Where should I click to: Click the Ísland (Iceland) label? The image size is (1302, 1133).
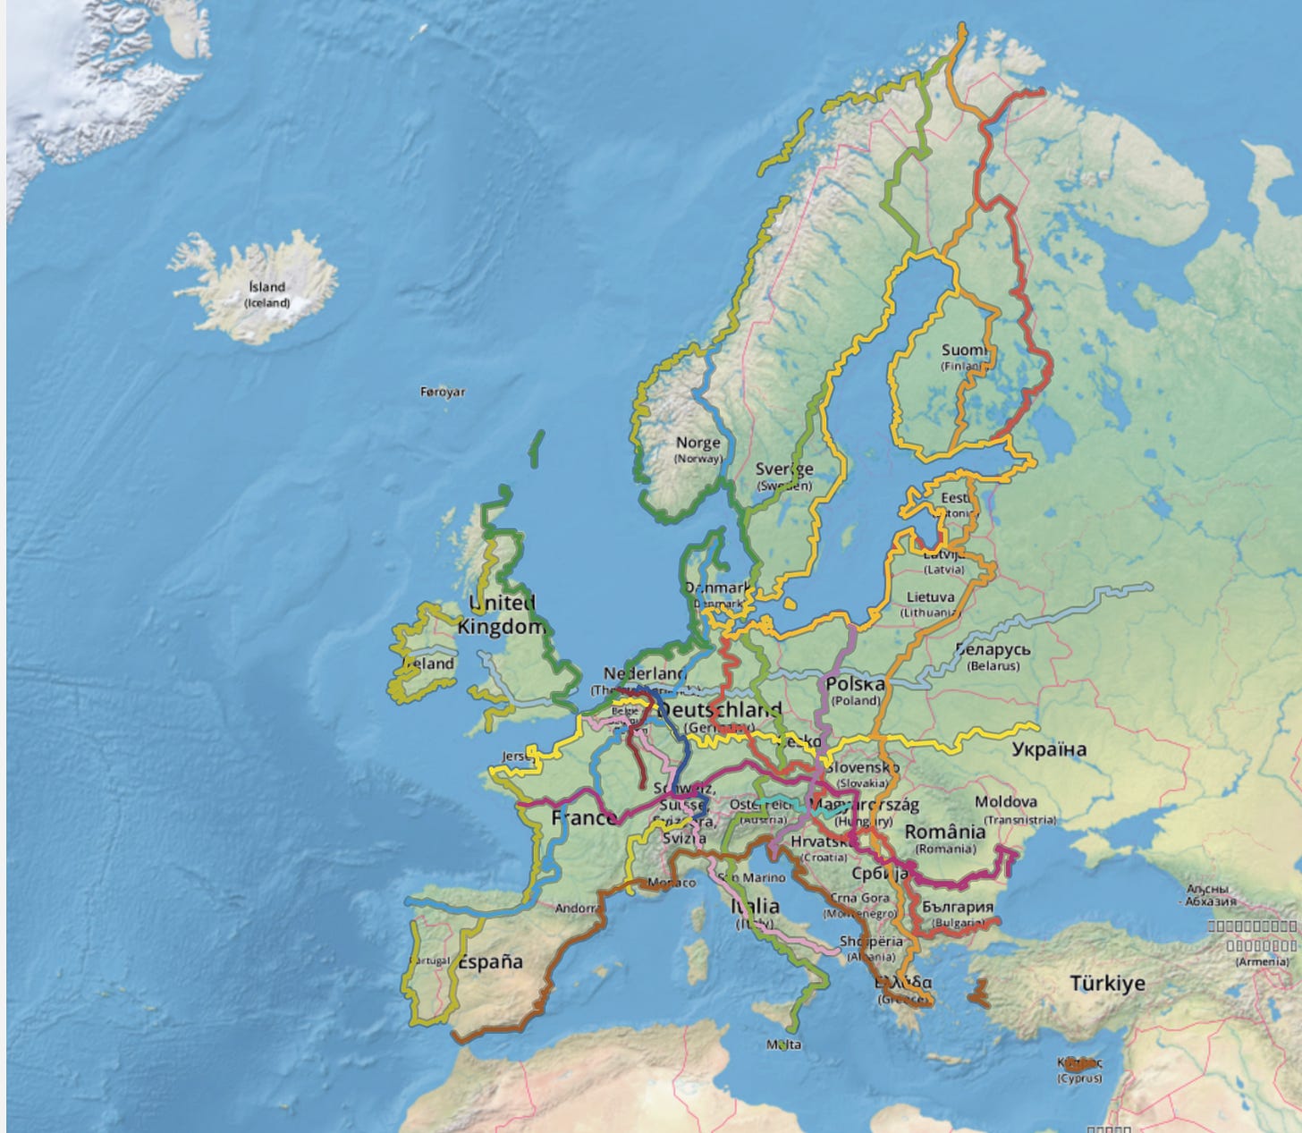[267, 293]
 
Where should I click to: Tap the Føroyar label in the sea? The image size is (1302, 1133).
[443, 392]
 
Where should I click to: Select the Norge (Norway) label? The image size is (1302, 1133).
[697, 449]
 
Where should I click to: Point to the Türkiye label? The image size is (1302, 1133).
[1108, 984]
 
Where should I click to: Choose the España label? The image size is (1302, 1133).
[491, 962]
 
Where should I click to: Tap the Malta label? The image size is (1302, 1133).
[784, 1044]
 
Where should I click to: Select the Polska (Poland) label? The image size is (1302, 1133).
[856, 690]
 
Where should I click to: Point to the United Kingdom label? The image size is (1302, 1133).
[501, 615]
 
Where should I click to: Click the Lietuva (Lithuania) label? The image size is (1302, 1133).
[931, 604]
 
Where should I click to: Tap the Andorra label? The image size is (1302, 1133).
[576, 909]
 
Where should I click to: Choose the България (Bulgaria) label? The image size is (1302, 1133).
[957, 912]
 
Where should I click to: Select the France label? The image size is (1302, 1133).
[583, 817]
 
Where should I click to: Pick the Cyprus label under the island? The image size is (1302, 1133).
[1080, 1078]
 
